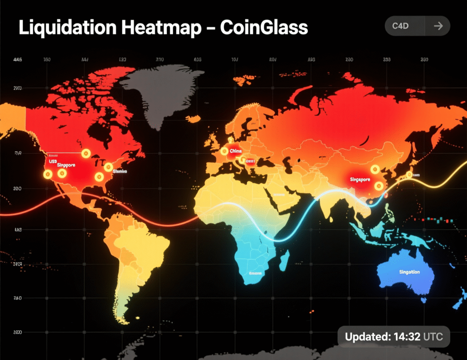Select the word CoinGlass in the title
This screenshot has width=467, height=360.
264,28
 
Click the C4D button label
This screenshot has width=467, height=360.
400,26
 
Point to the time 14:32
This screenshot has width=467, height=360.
402,337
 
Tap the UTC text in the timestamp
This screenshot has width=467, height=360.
433,337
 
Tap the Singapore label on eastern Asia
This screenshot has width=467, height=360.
360,180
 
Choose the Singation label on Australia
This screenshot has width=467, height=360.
410,272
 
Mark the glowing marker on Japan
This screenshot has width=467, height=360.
410,174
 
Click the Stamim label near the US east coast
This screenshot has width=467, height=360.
119,171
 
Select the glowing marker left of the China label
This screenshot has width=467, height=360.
224,151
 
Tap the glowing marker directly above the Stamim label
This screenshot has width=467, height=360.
108,167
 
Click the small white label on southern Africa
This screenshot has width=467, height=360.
255,273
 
